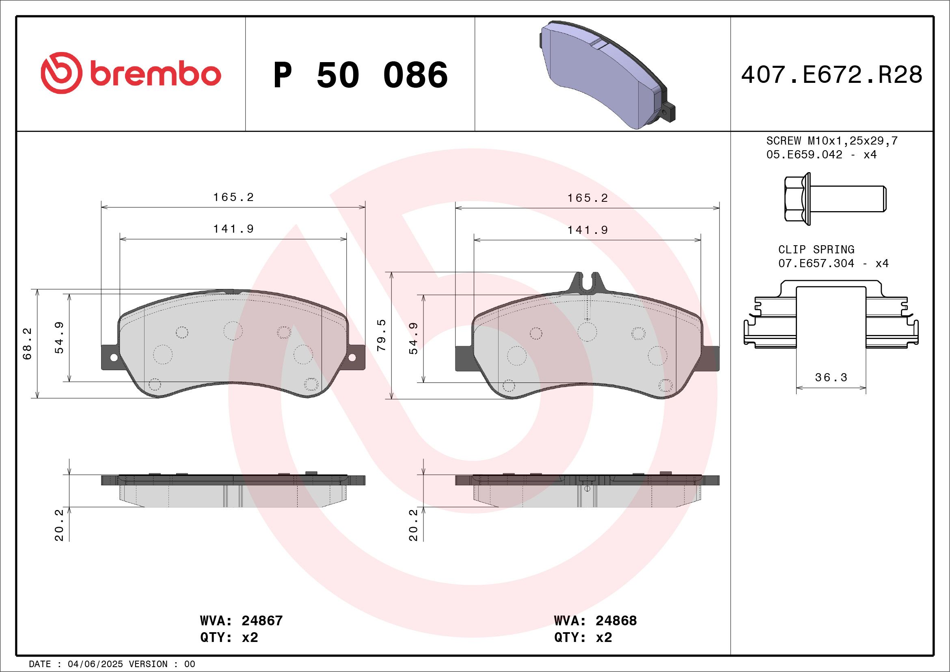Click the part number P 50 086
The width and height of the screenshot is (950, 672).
tap(361, 75)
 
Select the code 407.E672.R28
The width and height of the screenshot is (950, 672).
tap(832, 75)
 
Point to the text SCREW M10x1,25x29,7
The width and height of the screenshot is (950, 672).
tap(832, 140)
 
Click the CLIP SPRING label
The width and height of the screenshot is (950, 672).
tap(816, 250)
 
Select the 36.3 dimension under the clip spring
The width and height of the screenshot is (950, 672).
tap(831, 377)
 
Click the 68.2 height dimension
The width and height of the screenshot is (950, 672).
tap(27, 344)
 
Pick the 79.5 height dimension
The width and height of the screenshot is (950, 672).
tap(381, 335)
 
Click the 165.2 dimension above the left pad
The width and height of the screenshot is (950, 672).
tap(233, 197)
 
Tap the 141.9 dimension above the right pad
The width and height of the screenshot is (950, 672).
tap(587, 230)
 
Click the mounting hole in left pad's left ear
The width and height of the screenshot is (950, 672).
tap(113, 357)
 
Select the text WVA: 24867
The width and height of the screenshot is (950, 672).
tap(241, 621)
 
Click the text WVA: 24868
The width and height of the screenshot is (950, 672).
tap(596, 621)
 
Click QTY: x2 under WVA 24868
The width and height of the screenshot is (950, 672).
tap(583, 637)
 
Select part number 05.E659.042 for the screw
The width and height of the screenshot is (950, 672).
tap(804, 155)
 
